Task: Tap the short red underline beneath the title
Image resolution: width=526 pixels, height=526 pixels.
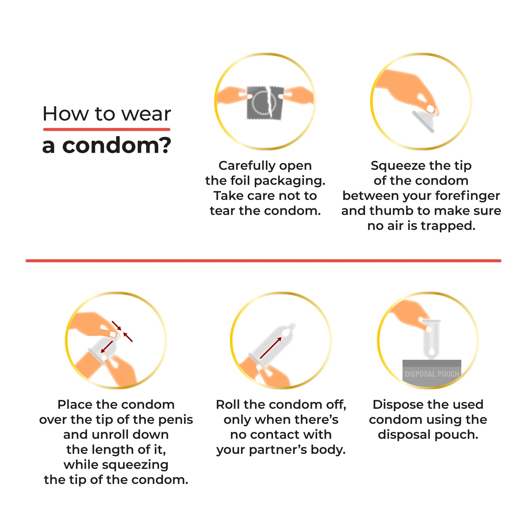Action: [x=107, y=129]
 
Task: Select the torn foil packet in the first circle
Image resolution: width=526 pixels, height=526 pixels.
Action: [x=265, y=103]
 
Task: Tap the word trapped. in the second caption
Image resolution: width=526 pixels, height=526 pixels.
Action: [x=448, y=226]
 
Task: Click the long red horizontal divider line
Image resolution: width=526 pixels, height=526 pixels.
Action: [x=263, y=261]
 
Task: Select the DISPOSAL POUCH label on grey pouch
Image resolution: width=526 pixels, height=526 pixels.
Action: [x=432, y=374]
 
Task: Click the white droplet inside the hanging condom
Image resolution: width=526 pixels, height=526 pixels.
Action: [x=432, y=351]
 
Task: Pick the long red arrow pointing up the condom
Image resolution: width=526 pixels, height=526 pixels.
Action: [x=271, y=348]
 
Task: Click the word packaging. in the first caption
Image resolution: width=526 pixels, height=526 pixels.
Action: [x=295, y=181]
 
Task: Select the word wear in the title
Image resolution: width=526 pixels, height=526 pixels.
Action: [x=146, y=114]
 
